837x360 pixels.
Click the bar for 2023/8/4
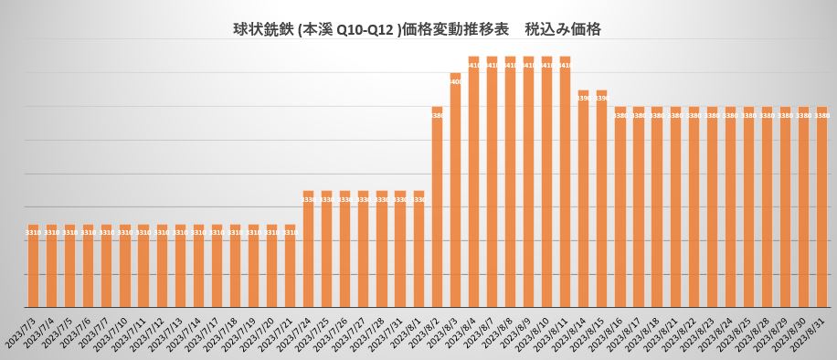click(x=473, y=182)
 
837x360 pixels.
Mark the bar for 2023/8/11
click(x=565, y=182)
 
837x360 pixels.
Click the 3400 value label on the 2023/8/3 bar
click(x=455, y=82)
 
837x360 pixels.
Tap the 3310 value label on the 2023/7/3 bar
click(x=33, y=233)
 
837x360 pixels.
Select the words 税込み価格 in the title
click(x=562, y=29)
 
